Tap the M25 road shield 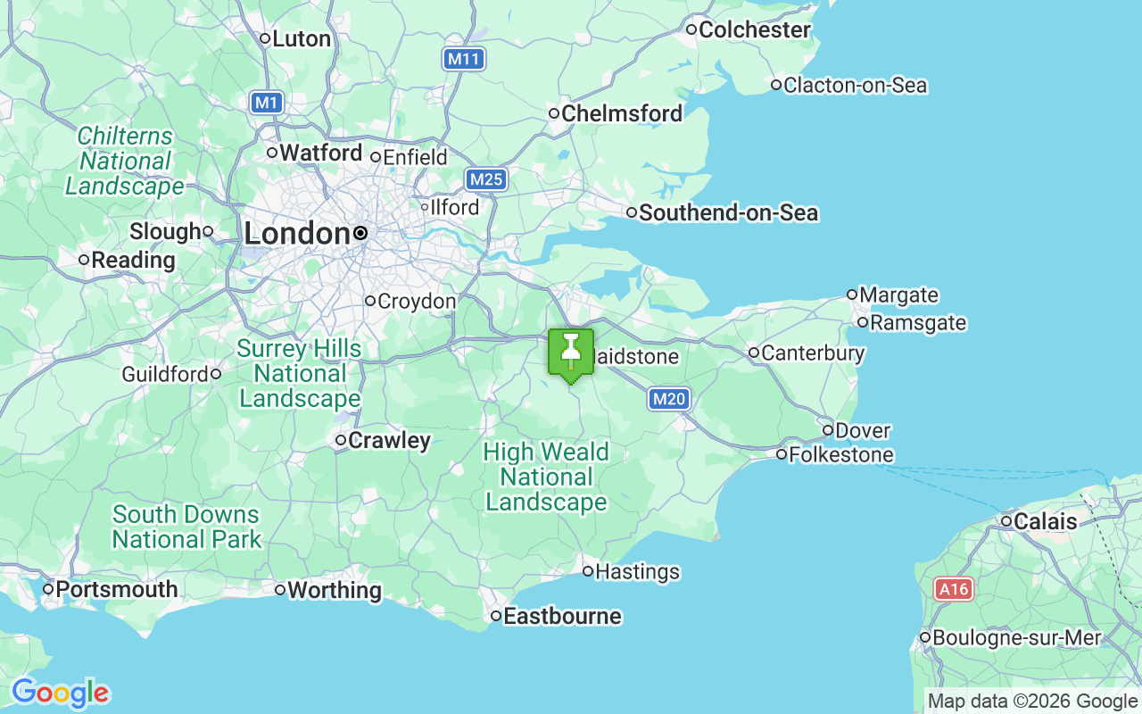[x=486, y=179]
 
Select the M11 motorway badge [x=463, y=60]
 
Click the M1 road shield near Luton [x=267, y=103]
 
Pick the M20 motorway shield [x=668, y=399]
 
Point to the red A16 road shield [x=953, y=589]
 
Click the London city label [x=297, y=234]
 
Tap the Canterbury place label [x=812, y=353]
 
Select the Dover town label [x=862, y=431]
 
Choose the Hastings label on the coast [x=637, y=571]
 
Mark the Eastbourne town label [x=562, y=617]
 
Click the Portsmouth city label [x=116, y=590]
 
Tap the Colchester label [x=755, y=30]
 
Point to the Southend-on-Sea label [x=728, y=213]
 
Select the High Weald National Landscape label [x=546, y=477]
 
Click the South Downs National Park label [x=186, y=527]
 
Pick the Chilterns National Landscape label [x=125, y=162]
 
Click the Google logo [x=60, y=693]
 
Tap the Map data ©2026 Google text [x=1032, y=702]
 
